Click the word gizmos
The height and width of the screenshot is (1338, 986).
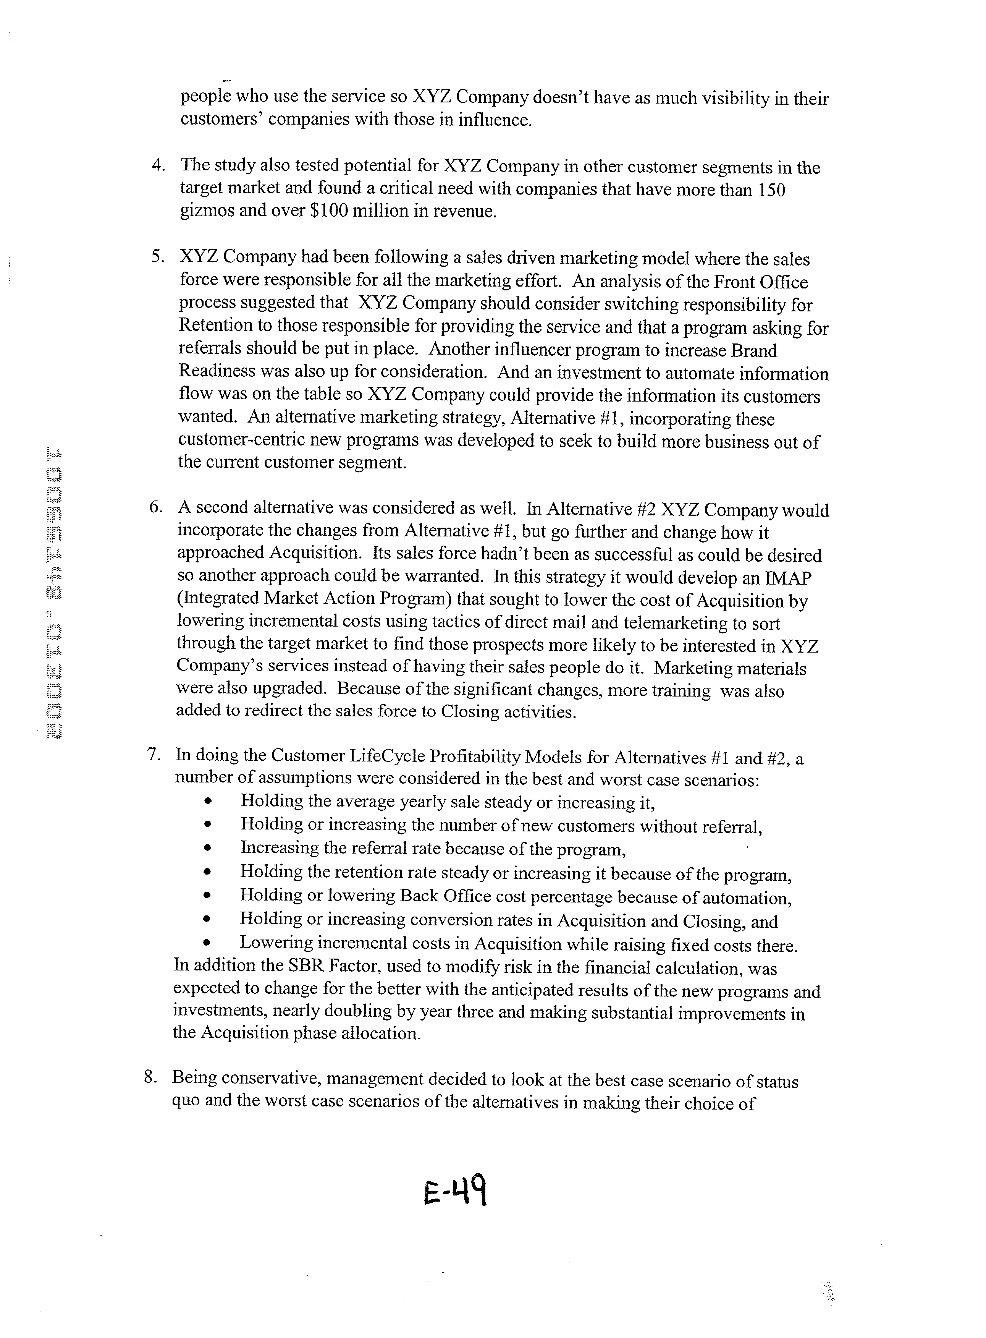[x=206, y=212]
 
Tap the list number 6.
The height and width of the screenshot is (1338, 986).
[x=156, y=507]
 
